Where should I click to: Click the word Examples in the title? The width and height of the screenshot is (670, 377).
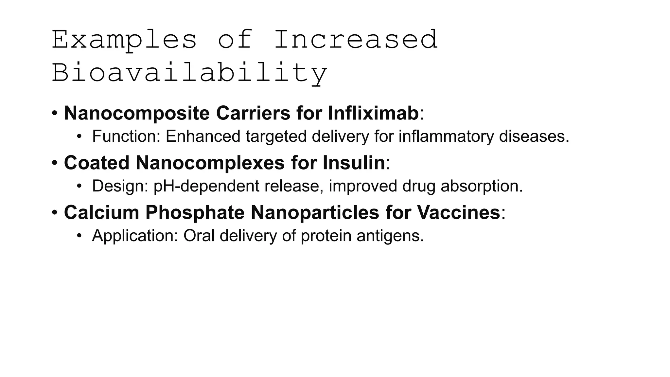pyautogui.click(x=124, y=40)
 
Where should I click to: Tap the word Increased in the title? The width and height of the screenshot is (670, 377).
pyautogui.click(x=356, y=40)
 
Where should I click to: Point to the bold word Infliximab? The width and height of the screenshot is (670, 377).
pyautogui.click(x=373, y=113)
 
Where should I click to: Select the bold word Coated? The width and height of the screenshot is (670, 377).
pyautogui.click(x=97, y=163)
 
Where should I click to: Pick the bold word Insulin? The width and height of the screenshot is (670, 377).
pyautogui.click(x=354, y=163)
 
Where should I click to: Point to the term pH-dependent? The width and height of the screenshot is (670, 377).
pyautogui.click(x=206, y=186)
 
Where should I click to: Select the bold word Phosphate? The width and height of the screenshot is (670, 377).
pyautogui.click(x=195, y=212)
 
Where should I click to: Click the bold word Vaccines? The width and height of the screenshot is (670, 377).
pyautogui.click(x=458, y=212)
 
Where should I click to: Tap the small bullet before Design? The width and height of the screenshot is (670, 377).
pyautogui.click(x=79, y=186)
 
